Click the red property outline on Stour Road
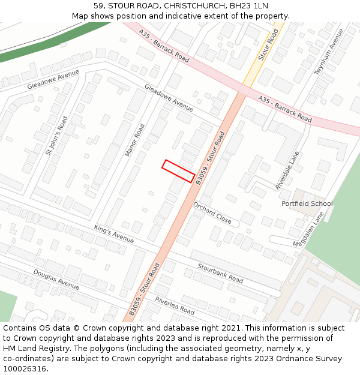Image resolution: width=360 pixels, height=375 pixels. point(178,171)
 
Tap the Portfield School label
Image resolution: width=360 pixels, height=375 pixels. point(307,203)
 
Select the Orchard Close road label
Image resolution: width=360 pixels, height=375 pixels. point(212,212)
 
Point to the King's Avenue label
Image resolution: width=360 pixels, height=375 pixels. point(114,233)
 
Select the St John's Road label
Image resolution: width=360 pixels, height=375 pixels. point(57,135)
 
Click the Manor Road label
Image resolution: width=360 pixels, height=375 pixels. point(135,140)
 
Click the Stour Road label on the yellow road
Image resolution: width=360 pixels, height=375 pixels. point(268,44)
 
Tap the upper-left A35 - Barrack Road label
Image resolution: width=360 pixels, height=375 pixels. point(164,46)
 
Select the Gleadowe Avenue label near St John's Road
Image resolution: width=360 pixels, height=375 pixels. point(53,80)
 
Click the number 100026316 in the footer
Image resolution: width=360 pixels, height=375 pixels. point(25,368)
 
